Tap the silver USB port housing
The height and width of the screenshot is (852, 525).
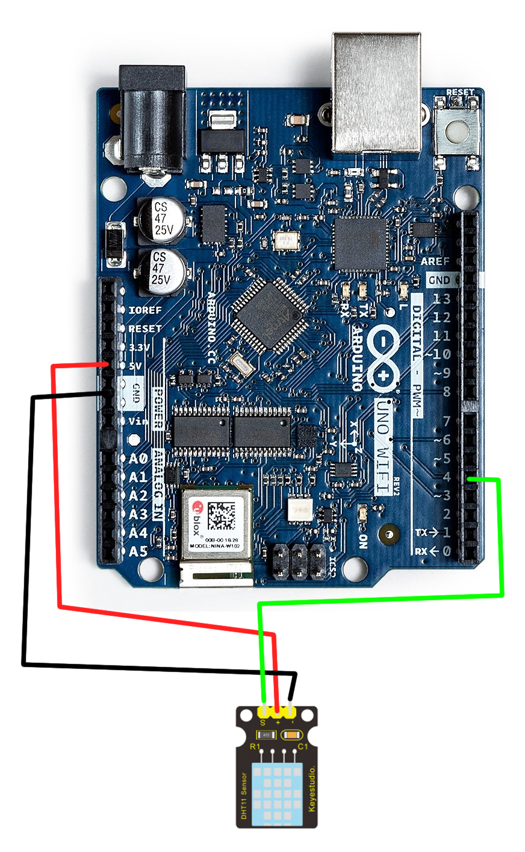tap(376, 93)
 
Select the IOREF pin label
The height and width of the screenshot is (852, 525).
tap(145, 310)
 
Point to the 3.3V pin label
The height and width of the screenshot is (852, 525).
tap(140, 348)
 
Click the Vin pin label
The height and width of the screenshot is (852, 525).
tap(138, 421)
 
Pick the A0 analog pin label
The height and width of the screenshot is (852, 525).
tap(138, 459)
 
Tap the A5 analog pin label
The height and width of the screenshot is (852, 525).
tap(138, 551)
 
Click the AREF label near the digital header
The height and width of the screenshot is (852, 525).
tap(435, 262)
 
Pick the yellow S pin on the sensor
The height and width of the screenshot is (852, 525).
tap(263, 712)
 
